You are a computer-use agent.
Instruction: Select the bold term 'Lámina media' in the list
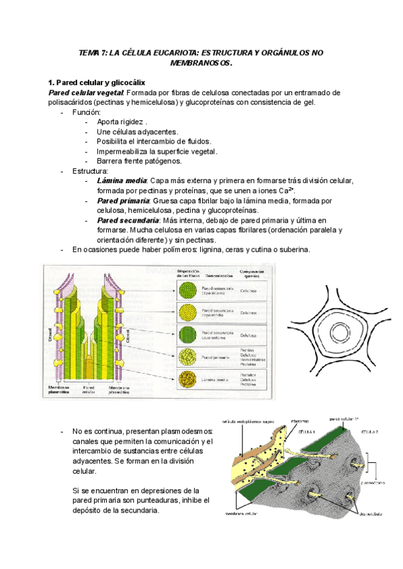click(x=122, y=181)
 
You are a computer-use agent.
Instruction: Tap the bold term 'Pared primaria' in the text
click(x=124, y=201)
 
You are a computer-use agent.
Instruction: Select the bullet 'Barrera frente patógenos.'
click(x=138, y=161)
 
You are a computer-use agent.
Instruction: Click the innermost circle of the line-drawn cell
click(x=339, y=333)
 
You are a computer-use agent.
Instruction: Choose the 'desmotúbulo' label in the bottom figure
click(x=371, y=515)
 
